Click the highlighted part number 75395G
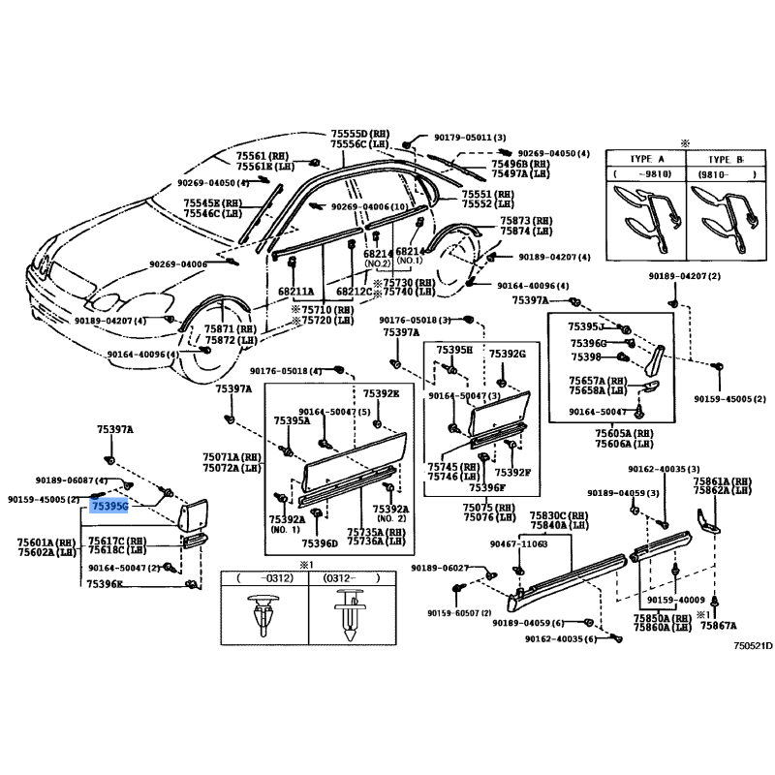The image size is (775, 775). click(x=108, y=505)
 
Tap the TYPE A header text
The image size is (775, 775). click(x=640, y=159)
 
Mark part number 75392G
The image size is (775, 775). click(x=507, y=355)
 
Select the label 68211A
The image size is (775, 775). click(x=295, y=291)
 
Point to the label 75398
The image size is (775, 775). click(x=585, y=357)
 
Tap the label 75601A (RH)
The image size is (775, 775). click(x=46, y=542)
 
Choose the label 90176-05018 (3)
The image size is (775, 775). click(x=415, y=320)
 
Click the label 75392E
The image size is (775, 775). click(x=381, y=393)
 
